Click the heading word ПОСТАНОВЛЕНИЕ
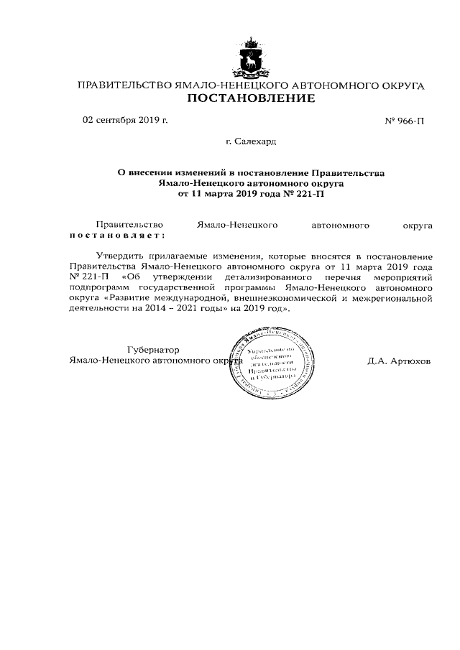(251, 98)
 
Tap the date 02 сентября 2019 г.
(125, 120)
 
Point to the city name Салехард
(255, 142)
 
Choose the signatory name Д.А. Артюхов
(399, 361)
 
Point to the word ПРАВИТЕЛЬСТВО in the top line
(124, 86)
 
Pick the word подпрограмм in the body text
(99, 287)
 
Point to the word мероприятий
(400, 277)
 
